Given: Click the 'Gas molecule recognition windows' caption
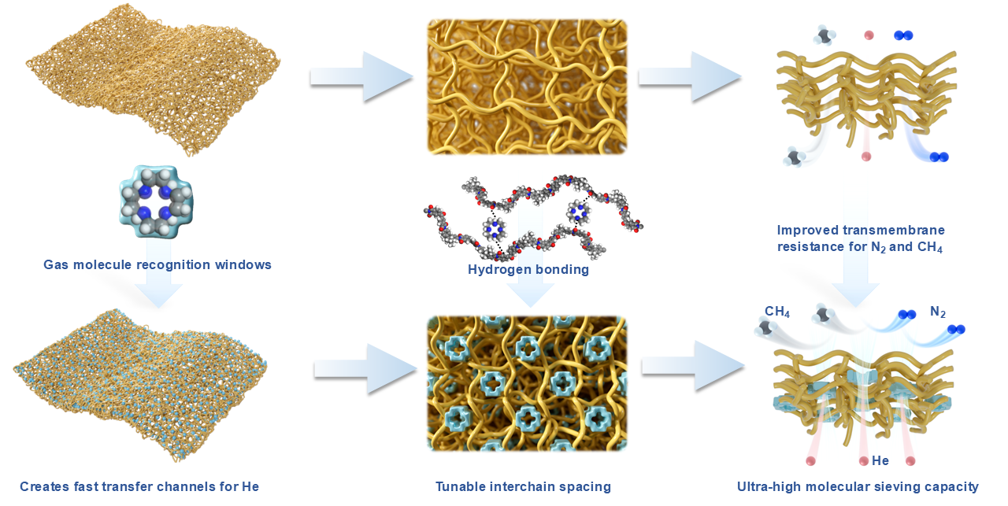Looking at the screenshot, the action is click(157, 264).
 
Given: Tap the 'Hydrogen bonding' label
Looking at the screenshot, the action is click(528, 269).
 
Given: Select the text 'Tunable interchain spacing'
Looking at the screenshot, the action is click(523, 486).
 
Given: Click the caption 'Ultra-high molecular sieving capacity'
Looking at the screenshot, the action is click(858, 486).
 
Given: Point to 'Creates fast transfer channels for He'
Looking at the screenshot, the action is click(139, 486).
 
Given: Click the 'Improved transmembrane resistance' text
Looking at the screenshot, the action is click(861, 238).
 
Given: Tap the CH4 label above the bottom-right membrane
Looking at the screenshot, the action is click(777, 312).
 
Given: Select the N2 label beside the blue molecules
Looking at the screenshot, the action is click(938, 312).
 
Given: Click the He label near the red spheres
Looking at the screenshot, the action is click(880, 460).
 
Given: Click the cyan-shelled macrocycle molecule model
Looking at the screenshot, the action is click(156, 201).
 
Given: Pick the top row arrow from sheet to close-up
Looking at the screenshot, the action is click(361, 76).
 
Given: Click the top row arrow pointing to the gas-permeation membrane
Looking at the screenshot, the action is click(689, 76).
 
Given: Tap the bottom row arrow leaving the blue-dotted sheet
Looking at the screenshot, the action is click(365, 370).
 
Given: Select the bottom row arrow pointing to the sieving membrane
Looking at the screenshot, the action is click(693, 366).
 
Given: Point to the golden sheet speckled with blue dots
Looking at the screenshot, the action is click(140, 385).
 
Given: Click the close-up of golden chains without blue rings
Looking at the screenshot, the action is click(527, 87).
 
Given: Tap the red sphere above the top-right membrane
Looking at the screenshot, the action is click(869, 35).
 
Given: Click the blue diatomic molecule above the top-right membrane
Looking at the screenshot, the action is click(903, 35).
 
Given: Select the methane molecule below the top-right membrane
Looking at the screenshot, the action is click(793, 157).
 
